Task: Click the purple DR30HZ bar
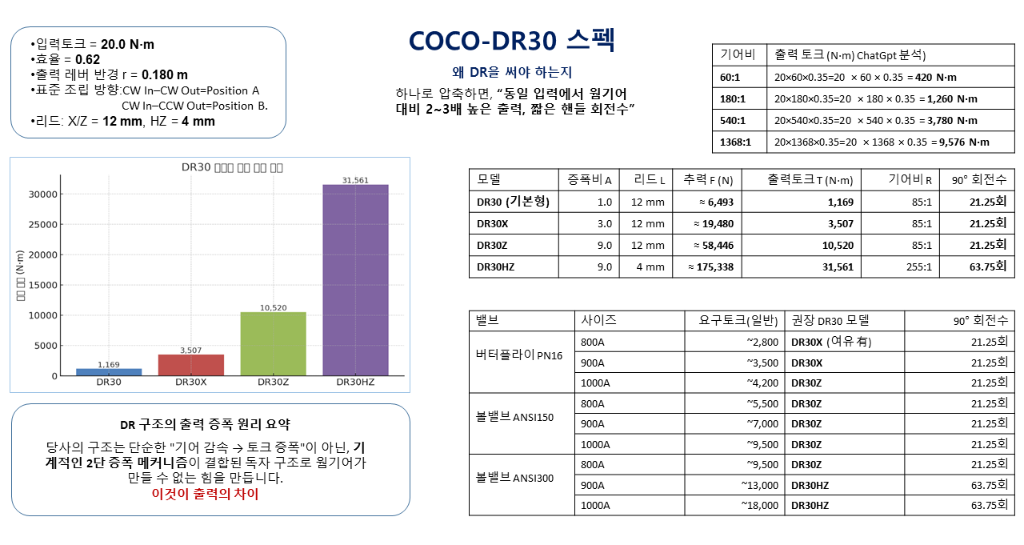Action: pyautogui.click(x=355, y=280)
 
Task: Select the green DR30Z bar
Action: pyautogui.click(x=274, y=343)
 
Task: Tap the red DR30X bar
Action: pyautogui.click(x=191, y=365)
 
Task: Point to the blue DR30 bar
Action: pyautogui.click(x=109, y=372)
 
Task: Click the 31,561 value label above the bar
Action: pyautogui.click(x=355, y=180)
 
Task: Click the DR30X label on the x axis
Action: pyautogui.click(x=191, y=383)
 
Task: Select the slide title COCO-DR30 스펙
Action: pyautogui.click(x=512, y=41)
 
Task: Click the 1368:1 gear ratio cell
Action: pyautogui.click(x=736, y=142)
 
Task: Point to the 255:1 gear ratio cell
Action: pyautogui.click(x=917, y=266)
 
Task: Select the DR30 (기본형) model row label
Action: pyautogui.click(x=513, y=202)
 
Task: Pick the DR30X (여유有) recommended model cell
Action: pyautogui.click(x=830, y=342)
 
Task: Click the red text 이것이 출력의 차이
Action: pyautogui.click(x=206, y=494)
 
